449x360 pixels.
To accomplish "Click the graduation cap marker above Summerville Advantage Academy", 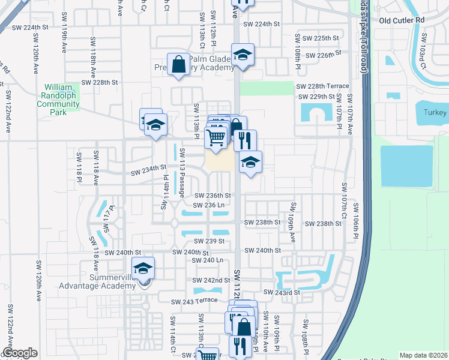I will pyautogui.click(x=143, y=269).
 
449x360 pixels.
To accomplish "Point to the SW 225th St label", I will pyautogui.click(x=318, y=38).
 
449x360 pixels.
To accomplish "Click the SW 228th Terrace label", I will pyautogui.click(x=322, y=86).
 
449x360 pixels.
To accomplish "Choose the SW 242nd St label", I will pyautogui.click(x=211, y=280).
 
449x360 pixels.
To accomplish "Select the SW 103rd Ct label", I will pyautogui.click(x=423, y=59).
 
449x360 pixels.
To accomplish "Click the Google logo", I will pyautogui.click(x=20, y=353).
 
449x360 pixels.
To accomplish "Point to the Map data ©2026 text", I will pyautogui.click(x=423, y=355).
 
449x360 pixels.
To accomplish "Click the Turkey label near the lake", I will pyautogui.click(x=434, y=113).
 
